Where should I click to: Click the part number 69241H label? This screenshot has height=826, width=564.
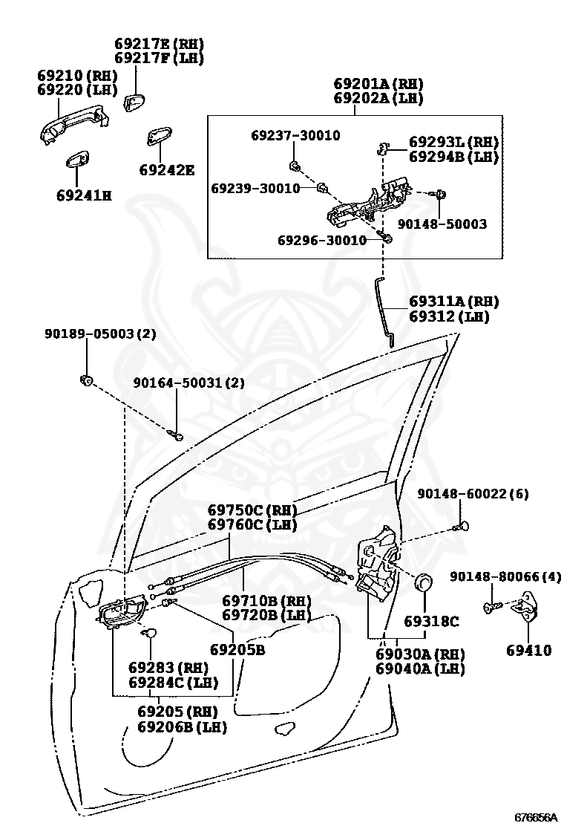pyautogui.click(x=84, y=195)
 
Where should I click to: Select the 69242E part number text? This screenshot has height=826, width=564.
pyautogui.click(x=167, y=170)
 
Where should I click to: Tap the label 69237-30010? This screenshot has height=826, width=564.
pyautogui.click(x=295, y=135)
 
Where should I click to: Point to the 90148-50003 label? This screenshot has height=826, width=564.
pyautogui.click(x=442, y=224)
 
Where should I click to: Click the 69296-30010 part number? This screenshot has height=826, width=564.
pyautogui.click(x=322, y=240)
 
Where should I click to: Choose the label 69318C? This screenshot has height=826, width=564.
pyautogui.click(x=431, y=622)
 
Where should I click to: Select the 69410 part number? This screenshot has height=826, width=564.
pyautogui.click(x=528, y=650)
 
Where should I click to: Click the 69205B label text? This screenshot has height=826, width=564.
pyautogui.click(x=237, y=649)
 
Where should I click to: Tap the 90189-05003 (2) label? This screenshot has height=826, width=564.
pyautogui.click(x=100, y=334)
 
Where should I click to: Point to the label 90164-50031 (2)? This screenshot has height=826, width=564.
pyautogui.click(x=189, y=383)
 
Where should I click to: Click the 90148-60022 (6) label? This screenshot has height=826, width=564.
pyautogui.click(x=473, y=494)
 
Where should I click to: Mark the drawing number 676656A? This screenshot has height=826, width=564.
pyautogui.click(x=535, y=817)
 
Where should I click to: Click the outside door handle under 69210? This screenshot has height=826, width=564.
pyautogui.click(x=74, y=124)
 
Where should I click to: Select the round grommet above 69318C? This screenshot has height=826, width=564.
pyautogui.click(x=424, y=581)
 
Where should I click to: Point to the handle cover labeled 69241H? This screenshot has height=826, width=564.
pyautogui.click(x=77, y=160)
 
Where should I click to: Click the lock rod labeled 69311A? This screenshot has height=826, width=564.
pyautogui.click(x=385, y=310)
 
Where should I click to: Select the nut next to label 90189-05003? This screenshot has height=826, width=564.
pyautogui.click(x=86, y=380)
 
